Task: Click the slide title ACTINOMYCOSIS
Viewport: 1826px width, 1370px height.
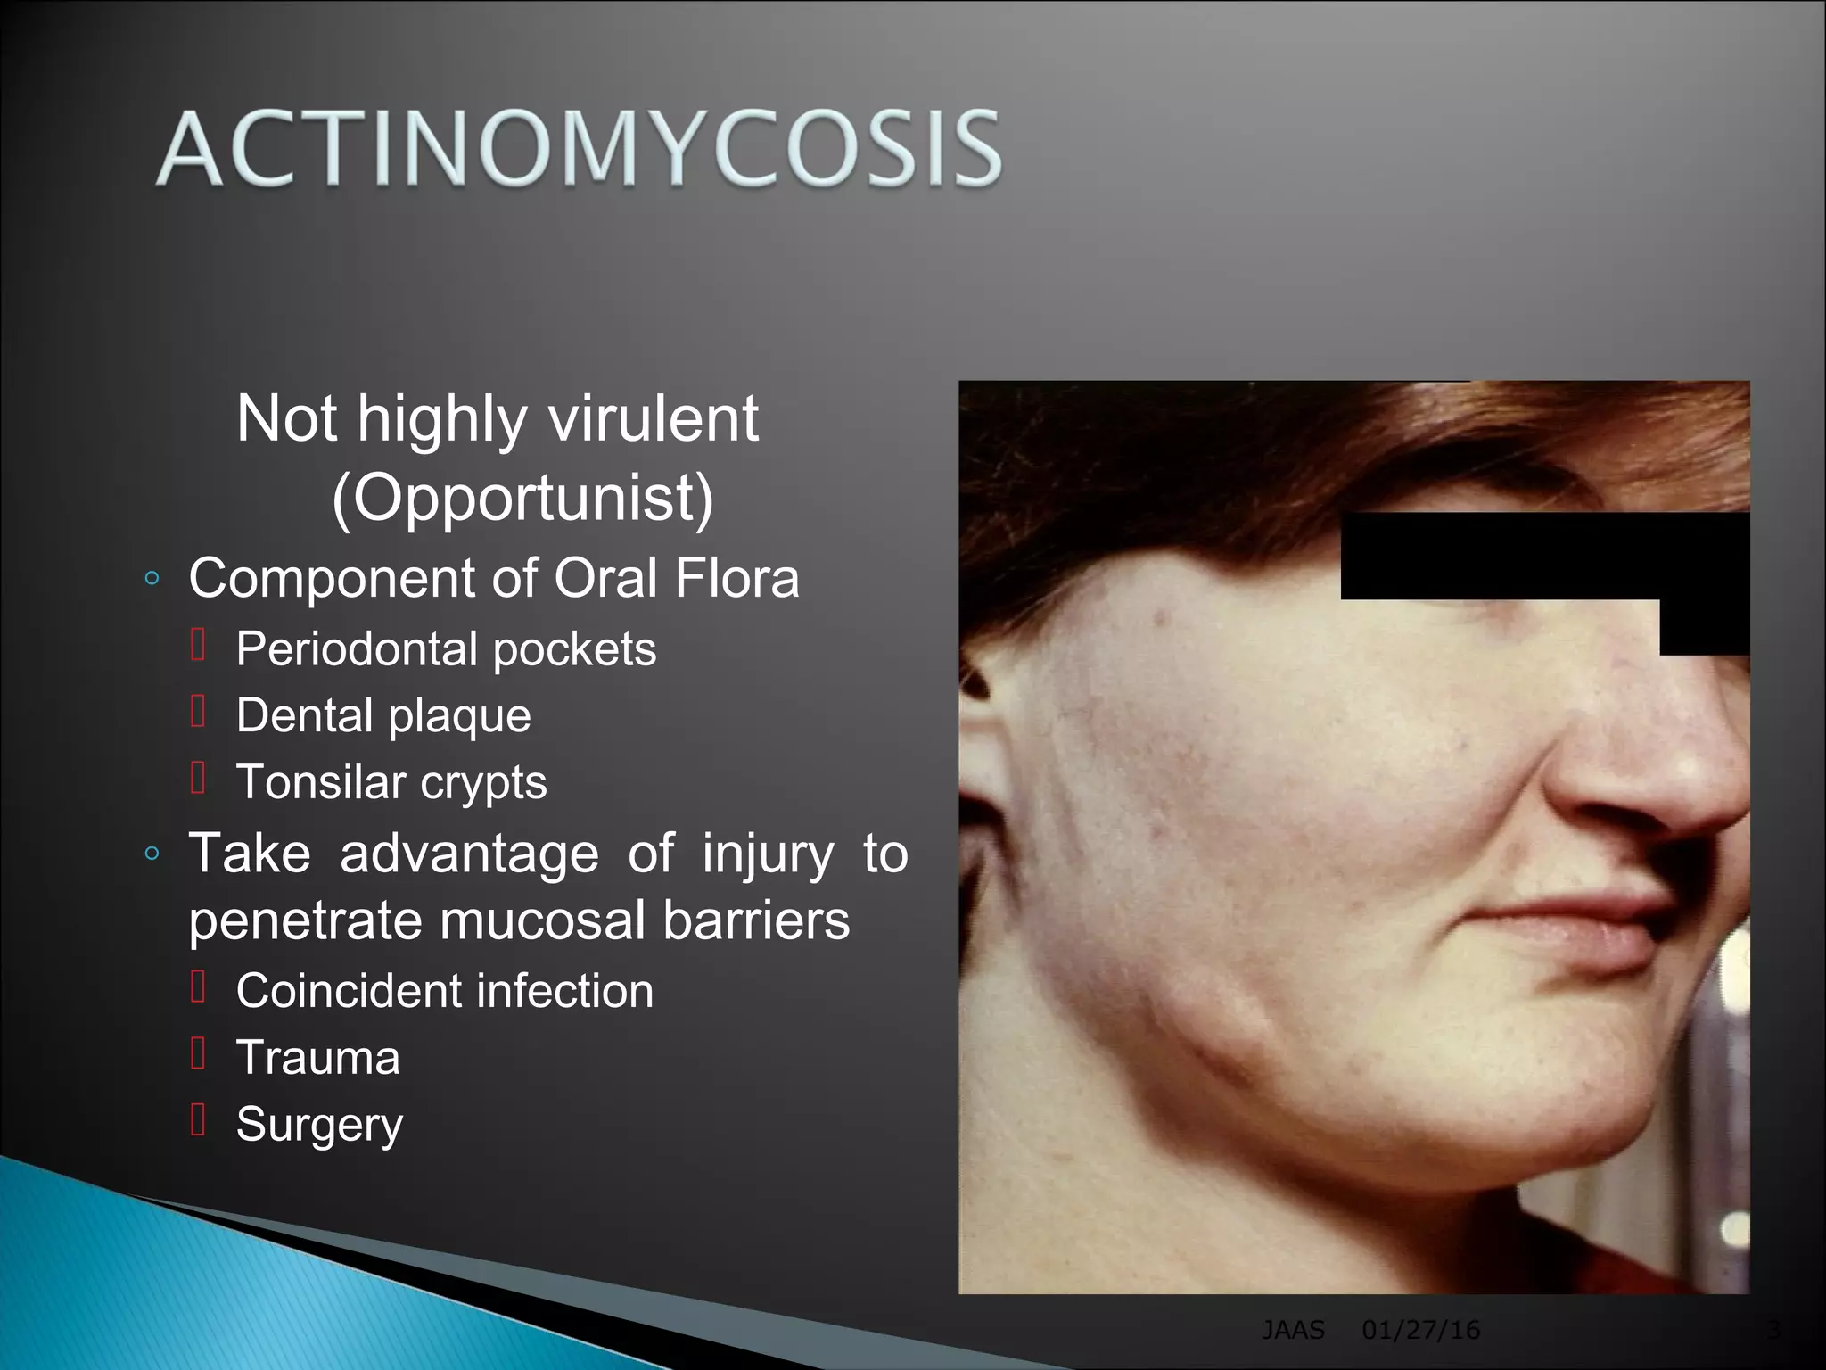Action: (x=580, y=149)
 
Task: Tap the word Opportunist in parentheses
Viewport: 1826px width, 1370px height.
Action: (x=522, y=498)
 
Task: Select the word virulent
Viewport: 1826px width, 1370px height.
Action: (x=653, y=418)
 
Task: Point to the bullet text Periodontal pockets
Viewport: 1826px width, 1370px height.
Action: (x=446, y=648)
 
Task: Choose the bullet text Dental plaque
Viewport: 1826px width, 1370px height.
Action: (x=383, y=715)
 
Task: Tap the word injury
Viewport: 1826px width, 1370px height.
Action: (x=768, y=854)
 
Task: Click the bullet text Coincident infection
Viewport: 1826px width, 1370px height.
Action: (x=444, y=991)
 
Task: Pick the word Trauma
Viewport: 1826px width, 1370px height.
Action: (x=317, y=1058)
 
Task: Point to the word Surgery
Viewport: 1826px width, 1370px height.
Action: (x=319, y=1125)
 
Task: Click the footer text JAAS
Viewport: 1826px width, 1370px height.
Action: (x=1293, y=1331)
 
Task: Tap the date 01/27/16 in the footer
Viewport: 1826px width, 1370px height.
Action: (x=1420, y=1331)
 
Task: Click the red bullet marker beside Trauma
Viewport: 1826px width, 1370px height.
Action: (x=199, y=1054)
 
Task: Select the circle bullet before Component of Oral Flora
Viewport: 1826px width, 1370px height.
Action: (x=152, y=579)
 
